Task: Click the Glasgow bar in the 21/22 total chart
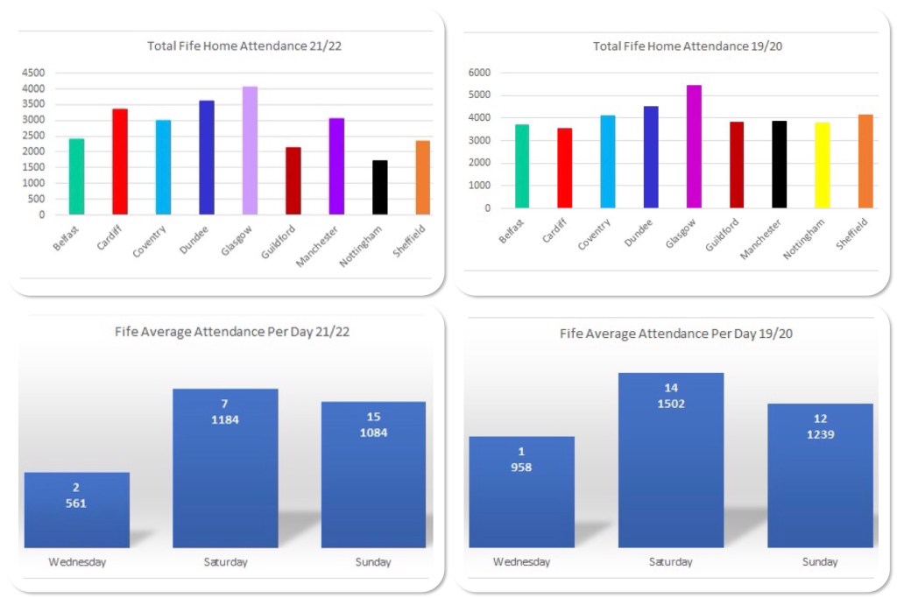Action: pyautogui.click(x=250, y=151)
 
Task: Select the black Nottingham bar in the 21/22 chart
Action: pyautogui.click(x=379, y=187)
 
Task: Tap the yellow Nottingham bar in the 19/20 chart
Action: pyautogui.click(x=823, y=165)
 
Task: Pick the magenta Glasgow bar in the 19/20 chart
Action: pyautogui.click(x=694, y=146)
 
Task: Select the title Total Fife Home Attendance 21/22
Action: pyautogui.click(x=244, y=46)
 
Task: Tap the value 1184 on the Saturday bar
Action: pyautogui.click(x=225, y=419)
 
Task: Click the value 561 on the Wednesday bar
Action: pyautogui.click(x=77, y=503)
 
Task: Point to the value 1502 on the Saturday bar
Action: pyautogui.click(x=671, y=404)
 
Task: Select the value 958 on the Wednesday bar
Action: pyautogui.click(x=522, y=467)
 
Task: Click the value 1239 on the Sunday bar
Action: pyautogui.click(x=820, y=434)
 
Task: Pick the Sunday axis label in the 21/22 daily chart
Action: pyautogui.click(x=373, y=562)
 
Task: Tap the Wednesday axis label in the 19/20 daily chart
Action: pyautogui.click(x=522, y=562)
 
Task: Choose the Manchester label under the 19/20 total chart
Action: pyautogui.click(x=759, y=241)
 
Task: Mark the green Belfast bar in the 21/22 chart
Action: pyautogui.click(x=77, y=177)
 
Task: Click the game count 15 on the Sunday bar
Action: pyautogui.click(x=373, y=417)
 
